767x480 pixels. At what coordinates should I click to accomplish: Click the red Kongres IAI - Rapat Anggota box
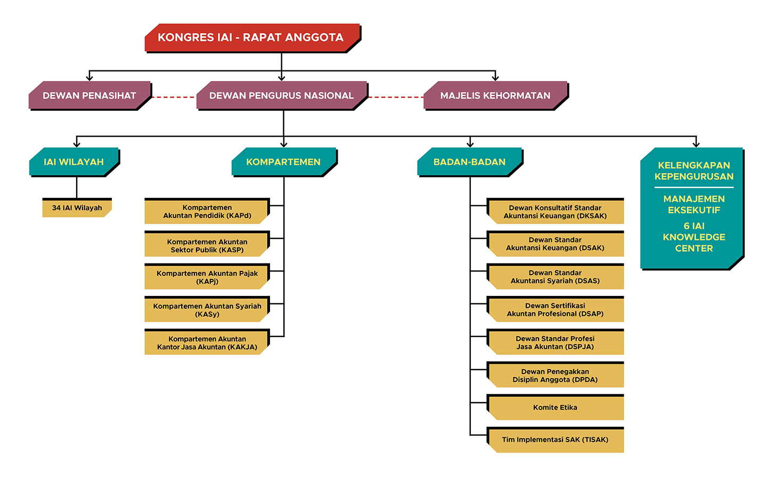coord(252,38)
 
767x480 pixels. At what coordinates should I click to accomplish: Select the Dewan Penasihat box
coord(89,95)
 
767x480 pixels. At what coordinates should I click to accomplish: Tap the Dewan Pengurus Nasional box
coord(282,95)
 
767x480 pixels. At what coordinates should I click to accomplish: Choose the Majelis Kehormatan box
coord(496,95)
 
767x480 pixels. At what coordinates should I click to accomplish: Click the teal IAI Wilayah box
coord(75,162)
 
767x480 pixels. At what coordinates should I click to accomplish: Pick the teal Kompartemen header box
coord(284,162)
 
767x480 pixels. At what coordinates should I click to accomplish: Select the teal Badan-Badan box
coord(470,162)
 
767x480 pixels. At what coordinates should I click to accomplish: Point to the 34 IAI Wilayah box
coord(77,207)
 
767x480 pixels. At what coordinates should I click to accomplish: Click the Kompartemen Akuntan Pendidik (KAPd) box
coord(207,211)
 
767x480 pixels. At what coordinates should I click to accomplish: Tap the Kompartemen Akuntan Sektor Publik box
coord(207,244)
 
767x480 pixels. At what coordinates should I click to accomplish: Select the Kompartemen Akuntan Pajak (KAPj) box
coord(207,277)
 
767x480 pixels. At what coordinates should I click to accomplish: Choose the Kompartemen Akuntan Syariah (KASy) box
coord(207,309)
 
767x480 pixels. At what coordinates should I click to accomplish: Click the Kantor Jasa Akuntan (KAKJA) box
coord(207,342)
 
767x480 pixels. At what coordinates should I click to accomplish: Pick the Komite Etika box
coord(555,407)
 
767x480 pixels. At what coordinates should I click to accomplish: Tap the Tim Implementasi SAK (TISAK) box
coord(555,440)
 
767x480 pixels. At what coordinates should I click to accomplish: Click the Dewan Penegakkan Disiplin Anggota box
coord(555,375)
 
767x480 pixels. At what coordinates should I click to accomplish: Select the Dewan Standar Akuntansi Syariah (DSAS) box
coord(555,277)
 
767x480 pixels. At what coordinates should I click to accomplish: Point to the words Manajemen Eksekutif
coord(694,204)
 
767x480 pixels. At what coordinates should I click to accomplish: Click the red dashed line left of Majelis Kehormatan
coord(396,98)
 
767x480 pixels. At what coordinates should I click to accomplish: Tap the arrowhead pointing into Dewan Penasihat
coord(89,78)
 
